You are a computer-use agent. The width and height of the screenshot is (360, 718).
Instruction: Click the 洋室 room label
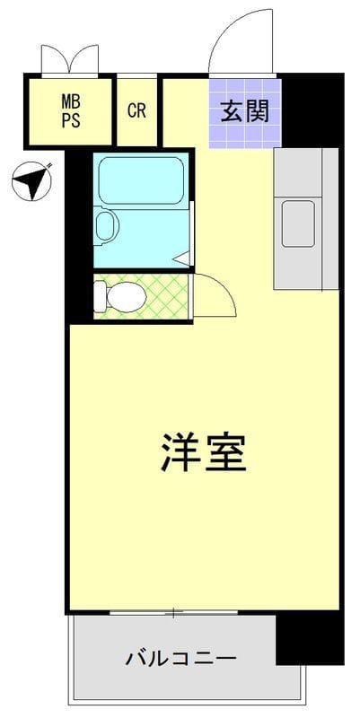[x=204, y=453]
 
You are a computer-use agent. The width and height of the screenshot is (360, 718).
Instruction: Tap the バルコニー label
[x=180, y=659]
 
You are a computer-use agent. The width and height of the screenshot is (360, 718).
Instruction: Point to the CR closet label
[x=136, y=111]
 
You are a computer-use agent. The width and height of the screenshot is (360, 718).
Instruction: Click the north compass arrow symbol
[x=32, y=182]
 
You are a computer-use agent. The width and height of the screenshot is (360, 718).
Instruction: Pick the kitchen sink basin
[x=299, y=223]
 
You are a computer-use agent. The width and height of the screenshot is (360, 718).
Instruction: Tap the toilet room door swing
[x=214, y=296]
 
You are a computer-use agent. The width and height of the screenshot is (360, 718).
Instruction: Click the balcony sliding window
[x=173, y=613]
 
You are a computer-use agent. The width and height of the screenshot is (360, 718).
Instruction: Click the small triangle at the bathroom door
[x=182, y=258]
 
